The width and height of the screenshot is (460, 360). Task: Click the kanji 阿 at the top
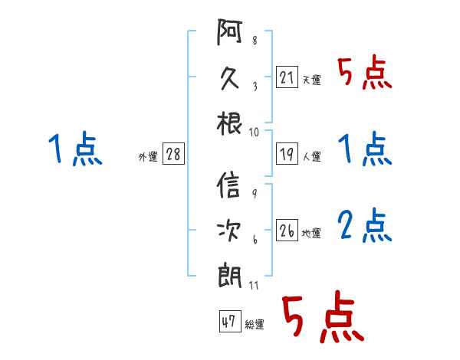pyautogui.click(x=229, y=31)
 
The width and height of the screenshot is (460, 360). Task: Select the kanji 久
pyautogui.click(x=229, y=78)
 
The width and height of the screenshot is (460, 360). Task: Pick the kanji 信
pyautogui.click(x=228, y=185)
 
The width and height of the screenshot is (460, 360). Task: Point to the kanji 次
pyautogui.click(x=228, y=230)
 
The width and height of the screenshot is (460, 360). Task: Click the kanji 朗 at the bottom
pyautogui.click(x=229, y=277)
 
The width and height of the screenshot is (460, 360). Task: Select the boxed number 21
pyautogui.click(x=287, y=77)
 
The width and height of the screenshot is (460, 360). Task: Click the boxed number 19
pyautogui.click(x=287, y=154)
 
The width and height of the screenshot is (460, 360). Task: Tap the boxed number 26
pyautogui.click(x=287, y=230)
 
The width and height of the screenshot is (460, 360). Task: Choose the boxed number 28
pyautogui.click(x=173, y=154)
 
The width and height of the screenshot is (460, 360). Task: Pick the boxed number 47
pyautogui.click(x=230, y=321)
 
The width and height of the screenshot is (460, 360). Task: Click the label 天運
pyautogui.click(x=312, y=80)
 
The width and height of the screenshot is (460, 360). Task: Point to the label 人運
pyautogui.click(x=312, y=156)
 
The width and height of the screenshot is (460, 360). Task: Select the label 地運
pyautogui.click(x=311, y=233)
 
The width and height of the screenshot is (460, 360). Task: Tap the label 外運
pyautogui.click(x=148, y=156)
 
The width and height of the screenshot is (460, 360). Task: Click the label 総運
pyautogui.click(x=255, y=324)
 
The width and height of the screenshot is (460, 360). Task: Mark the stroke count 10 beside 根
pyautogui.click(x=254, y=133)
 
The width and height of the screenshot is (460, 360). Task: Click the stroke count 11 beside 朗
pyautogui.click(x=254, y=285)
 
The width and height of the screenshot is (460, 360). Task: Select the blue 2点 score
pyautogui.click(x=365, y=225)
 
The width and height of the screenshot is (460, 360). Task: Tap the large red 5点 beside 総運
pyautogui.click(x=323, y=316)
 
